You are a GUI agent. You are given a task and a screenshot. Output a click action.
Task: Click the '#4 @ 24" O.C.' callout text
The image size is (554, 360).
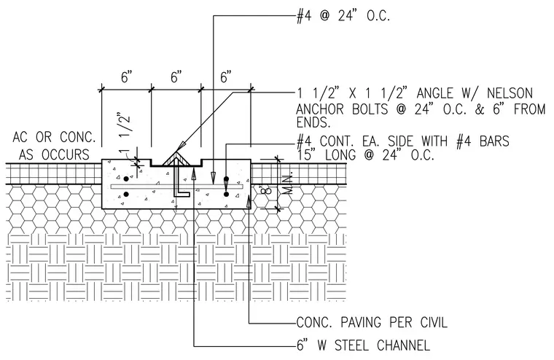coord(343,16)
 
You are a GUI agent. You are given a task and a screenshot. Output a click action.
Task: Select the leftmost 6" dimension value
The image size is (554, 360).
coord(127,77)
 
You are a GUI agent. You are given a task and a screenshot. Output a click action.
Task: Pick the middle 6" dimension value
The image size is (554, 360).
coord(176,77)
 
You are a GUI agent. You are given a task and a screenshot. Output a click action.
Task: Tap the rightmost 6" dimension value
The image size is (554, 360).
coord(226,77)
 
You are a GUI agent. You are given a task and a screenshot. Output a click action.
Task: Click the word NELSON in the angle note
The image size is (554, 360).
coord(510,93)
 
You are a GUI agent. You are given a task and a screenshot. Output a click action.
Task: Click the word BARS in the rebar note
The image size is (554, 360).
coord(494,141)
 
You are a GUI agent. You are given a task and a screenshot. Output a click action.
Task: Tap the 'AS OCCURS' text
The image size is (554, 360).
coord(54,154)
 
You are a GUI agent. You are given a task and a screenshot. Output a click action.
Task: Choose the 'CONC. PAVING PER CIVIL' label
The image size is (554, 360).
coord(372,323)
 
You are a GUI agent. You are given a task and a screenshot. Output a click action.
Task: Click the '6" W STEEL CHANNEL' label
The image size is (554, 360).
coord(363,345)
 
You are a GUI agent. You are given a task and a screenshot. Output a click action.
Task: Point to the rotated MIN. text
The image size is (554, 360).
coord(288,184)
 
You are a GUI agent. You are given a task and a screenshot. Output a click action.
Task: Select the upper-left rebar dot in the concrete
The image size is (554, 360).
coord(126,179)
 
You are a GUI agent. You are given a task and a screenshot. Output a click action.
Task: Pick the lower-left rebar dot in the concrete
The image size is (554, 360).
coord(126,194)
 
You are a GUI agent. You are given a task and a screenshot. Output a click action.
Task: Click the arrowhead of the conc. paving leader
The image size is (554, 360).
coord(249,201)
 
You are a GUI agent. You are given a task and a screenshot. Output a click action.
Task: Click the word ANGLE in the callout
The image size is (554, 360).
coord(434,93)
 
